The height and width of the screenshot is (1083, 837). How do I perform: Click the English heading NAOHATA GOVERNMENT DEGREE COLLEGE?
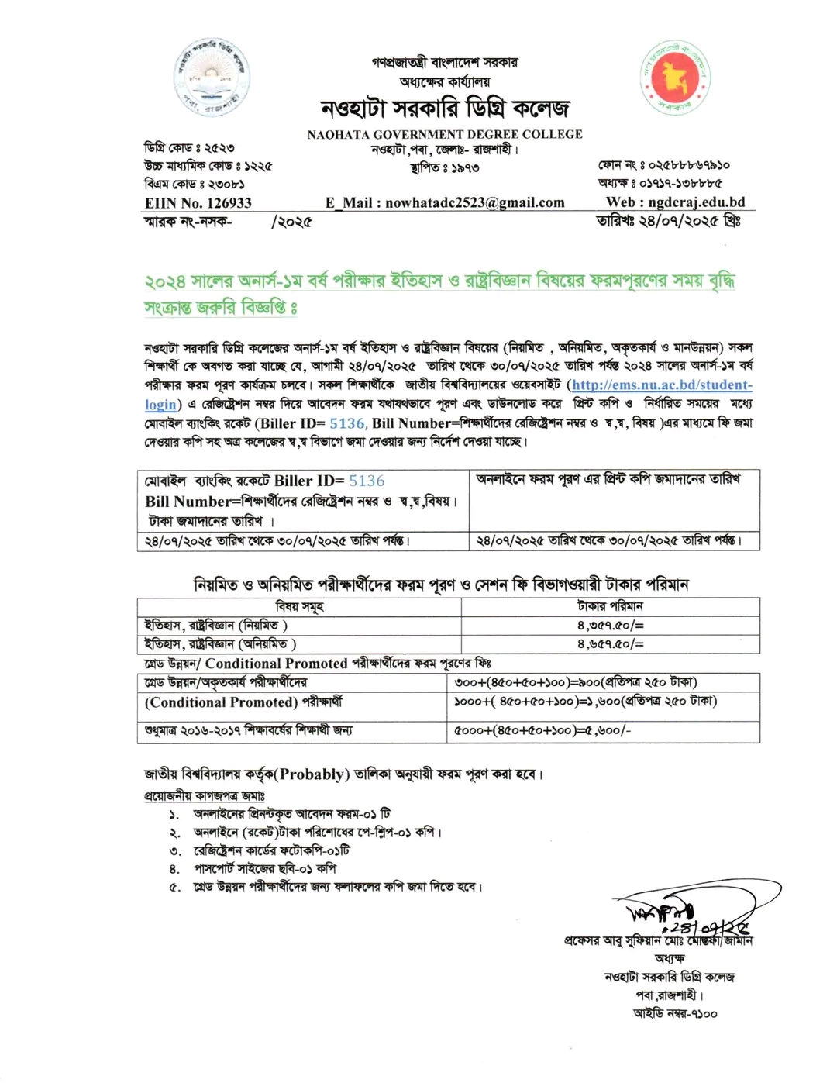coord(444,134)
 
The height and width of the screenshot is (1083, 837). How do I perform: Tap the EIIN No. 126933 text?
coord(198,203)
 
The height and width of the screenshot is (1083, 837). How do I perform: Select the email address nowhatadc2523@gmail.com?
coord(445,203)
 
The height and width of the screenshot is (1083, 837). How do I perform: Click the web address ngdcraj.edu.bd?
coord(675,202)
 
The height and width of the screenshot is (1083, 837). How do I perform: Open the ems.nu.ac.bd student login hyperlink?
coord(662,385)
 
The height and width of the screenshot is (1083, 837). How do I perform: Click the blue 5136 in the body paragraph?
coord(346,423)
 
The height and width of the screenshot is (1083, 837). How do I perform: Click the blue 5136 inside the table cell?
coord(367,481)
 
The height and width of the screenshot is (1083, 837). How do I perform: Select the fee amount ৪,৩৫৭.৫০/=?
coord(610,625)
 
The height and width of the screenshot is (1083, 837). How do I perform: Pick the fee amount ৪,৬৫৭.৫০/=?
coord(610,643)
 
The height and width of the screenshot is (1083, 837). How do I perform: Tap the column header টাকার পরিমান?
coord(610,606)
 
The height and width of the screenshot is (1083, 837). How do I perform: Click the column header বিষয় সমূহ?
coord(299,606)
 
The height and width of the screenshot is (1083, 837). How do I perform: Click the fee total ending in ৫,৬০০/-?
coord(542,730)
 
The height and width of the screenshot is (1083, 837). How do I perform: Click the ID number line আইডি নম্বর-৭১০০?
coord(675,1013)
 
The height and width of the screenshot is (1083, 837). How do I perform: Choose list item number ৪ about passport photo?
coord(264,868)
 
